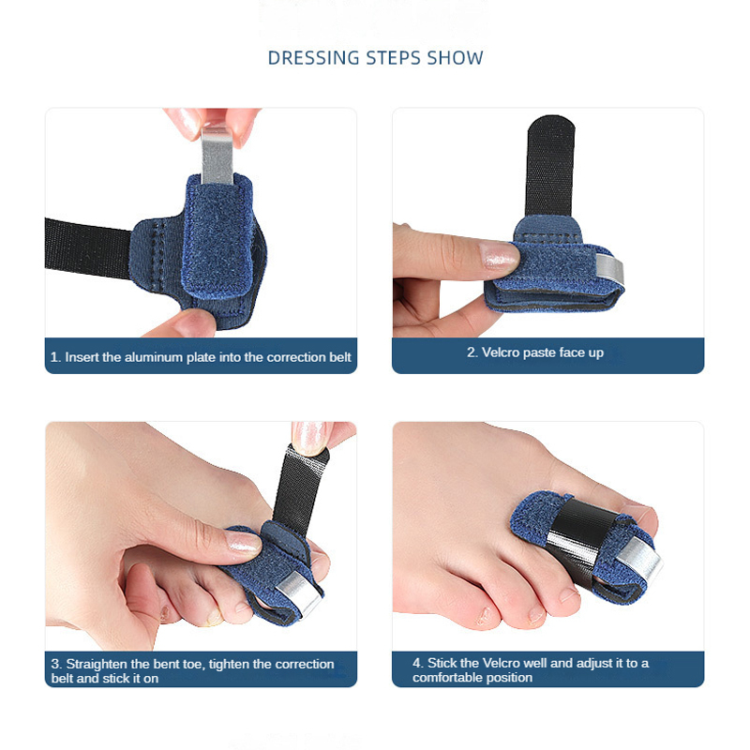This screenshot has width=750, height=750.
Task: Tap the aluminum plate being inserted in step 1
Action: coord(217,155)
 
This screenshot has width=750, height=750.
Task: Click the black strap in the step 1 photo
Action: coord(88,247)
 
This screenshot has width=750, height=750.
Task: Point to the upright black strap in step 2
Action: coord(550,167)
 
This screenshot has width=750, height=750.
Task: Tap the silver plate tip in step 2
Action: coord(610,268)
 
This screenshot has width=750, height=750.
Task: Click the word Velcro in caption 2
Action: coord(500,352)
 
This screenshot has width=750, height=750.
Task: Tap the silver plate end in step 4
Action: coord(639,560)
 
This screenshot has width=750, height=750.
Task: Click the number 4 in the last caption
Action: coord(417,663)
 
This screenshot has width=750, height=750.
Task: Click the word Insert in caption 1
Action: coord(82,357)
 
